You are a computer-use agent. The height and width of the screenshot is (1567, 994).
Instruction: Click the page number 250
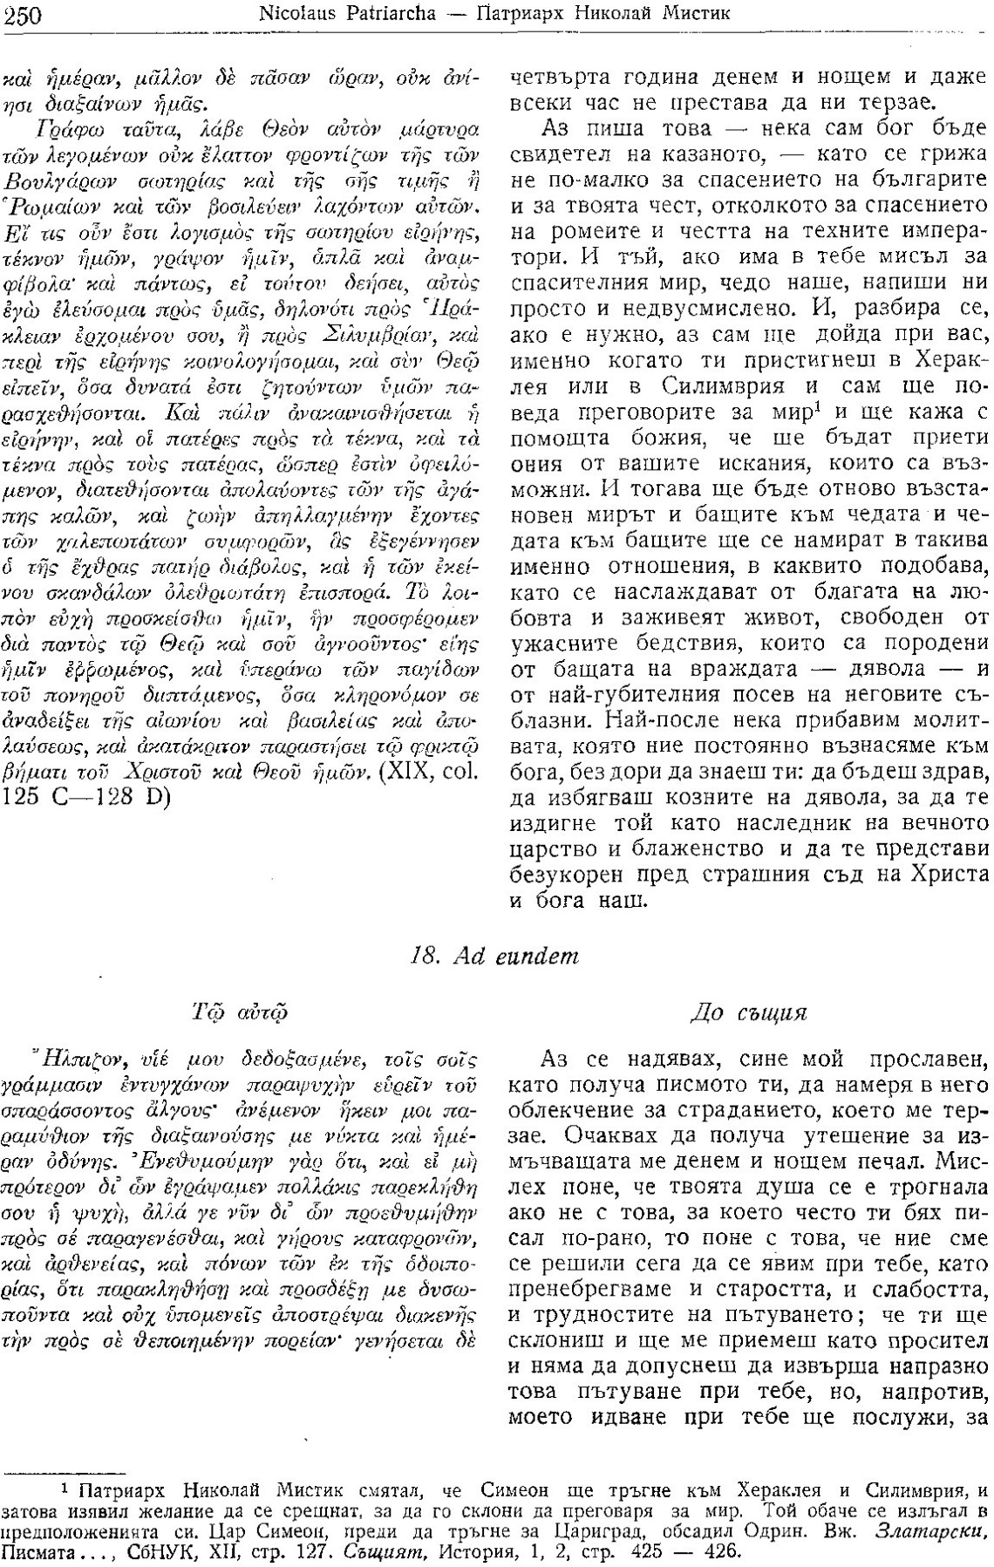[x=25, y=14]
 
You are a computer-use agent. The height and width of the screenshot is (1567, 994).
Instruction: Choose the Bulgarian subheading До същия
[x=748, y=1013]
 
